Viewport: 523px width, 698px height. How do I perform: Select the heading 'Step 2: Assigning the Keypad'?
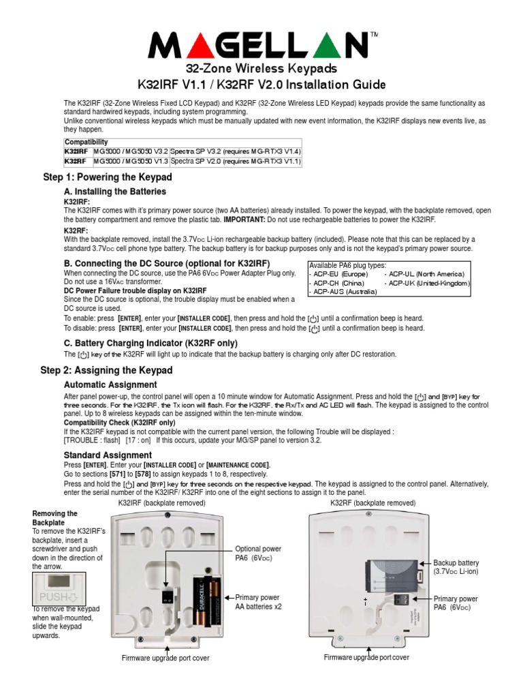click(x=108, y=370)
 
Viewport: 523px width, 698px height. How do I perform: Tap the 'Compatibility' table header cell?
click(x=86, y=142)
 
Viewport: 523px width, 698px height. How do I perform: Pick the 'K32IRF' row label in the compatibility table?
click(x=76, y=151)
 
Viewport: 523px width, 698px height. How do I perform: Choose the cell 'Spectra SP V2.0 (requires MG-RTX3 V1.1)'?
click(x=235, y=162)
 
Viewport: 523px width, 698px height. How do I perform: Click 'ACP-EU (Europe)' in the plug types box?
click(x=340, y=273)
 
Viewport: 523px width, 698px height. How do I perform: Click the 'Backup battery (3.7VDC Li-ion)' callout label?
click(x=456, y=567)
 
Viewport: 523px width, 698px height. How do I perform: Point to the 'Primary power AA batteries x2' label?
click(x=258, y=601)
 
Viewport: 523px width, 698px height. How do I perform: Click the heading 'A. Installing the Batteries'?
click(x=114, y=192)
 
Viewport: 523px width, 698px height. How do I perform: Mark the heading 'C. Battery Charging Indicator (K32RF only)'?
click(x=150, y=343)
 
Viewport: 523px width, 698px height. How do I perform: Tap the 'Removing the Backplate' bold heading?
click(x=55, y=518)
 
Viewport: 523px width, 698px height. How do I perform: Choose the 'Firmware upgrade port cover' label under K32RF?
click(x=366, y=658)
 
